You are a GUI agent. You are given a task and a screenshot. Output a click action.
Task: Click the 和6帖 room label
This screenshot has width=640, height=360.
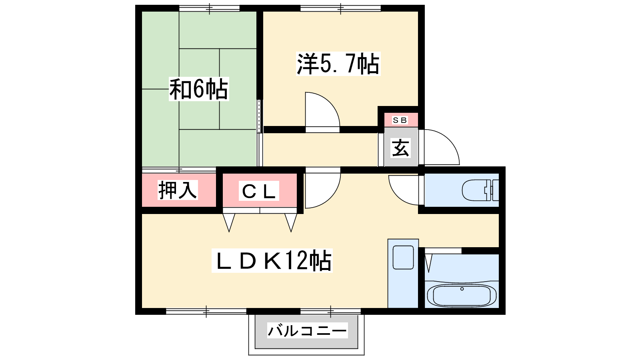point(199,89)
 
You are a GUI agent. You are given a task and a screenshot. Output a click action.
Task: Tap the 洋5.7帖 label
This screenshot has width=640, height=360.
point(338,64)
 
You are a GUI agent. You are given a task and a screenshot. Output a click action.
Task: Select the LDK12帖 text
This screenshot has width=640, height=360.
point(272,260)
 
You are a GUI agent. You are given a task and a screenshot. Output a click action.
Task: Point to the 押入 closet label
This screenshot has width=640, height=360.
point(178,190)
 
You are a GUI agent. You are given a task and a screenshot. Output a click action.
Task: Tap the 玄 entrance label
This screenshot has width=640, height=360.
point(400,148)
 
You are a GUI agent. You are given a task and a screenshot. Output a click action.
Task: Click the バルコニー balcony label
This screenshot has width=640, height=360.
point(308,331)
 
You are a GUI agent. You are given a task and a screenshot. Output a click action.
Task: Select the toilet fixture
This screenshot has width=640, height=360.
point(480,190)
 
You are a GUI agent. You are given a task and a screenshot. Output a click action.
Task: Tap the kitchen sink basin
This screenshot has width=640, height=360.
point(403,258)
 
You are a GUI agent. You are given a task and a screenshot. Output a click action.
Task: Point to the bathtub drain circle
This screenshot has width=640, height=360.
point(462,289)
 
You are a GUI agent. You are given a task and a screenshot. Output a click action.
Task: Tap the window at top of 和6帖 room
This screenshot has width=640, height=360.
point(210,8)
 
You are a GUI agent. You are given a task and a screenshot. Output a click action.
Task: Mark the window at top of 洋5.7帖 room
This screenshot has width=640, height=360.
point(340,8)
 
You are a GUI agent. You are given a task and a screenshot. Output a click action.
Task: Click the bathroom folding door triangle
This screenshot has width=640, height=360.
point(428,263)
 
